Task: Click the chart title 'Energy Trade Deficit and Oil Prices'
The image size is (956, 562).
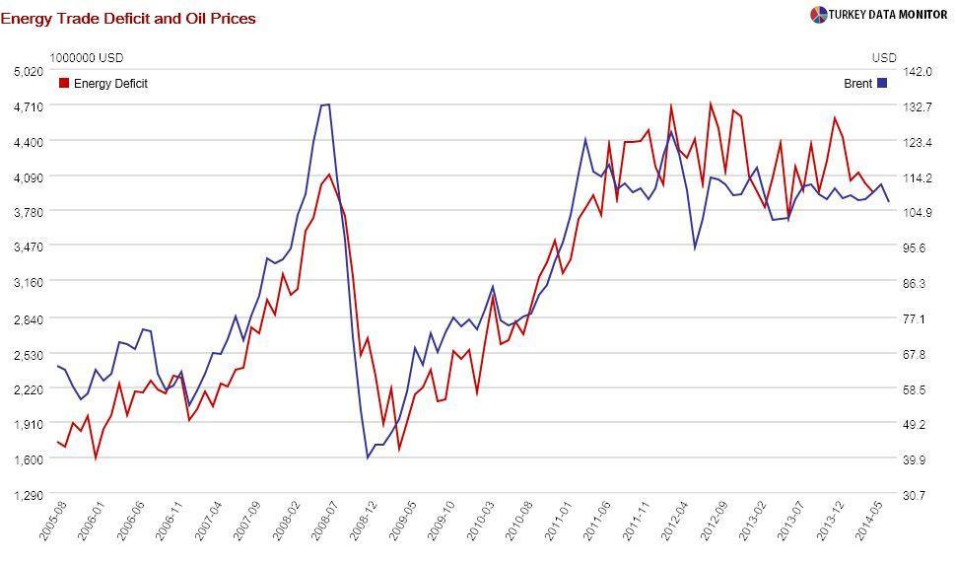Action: (x=128, y=18)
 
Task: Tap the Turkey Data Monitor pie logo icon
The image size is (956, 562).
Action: (x=818, y=15)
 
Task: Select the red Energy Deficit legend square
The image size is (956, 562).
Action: (x=65, y=84)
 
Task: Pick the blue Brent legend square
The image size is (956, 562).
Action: (x=882, y=84)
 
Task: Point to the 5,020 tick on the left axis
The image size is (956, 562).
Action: (x=29, y=71)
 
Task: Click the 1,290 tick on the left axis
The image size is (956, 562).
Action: (x=29, y=495)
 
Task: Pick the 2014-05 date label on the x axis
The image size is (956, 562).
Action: (x=869, y=522)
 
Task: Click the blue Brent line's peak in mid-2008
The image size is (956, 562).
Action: (x=325, y=105)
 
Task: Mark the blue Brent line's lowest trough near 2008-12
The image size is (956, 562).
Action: (x=368, y=457)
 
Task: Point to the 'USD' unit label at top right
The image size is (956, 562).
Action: (x=884, y=58)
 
